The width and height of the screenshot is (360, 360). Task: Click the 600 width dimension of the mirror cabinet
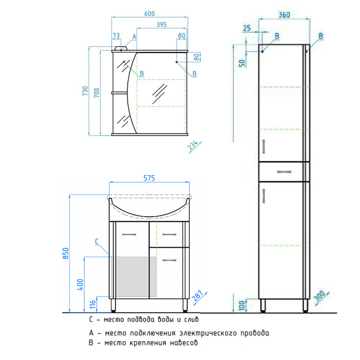click(149, 14)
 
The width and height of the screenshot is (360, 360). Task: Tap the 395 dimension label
click(162, 25)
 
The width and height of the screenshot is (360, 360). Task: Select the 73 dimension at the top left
click(117, 36)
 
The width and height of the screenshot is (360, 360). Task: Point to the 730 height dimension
click(85, 91)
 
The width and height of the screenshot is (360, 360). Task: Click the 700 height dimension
click(97, 93)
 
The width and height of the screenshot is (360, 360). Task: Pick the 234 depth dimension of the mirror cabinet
click(193, 145)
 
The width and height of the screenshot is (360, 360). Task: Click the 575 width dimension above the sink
click(149, 178)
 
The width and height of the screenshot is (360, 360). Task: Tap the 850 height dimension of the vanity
click(65, 253)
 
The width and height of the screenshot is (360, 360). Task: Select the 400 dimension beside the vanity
click(80, 285)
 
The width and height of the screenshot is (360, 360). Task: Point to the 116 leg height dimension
click(93, 305)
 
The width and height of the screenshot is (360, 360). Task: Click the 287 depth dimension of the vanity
click(198, 296)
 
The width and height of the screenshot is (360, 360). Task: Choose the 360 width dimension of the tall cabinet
click(284, 15)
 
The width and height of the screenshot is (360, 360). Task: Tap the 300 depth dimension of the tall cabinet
click(319, 296)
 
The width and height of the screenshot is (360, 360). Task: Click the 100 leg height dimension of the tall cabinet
click(242, 306)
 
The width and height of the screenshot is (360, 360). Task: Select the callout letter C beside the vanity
click(97, 242)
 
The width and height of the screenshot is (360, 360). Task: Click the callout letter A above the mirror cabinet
click(134, 37)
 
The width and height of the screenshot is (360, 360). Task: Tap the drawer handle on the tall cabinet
click(284, 172)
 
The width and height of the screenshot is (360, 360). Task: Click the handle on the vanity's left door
click(129, 234)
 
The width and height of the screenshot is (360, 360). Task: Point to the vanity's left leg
click(113, 305)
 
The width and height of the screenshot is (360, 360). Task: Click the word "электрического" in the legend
click(208, 333)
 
